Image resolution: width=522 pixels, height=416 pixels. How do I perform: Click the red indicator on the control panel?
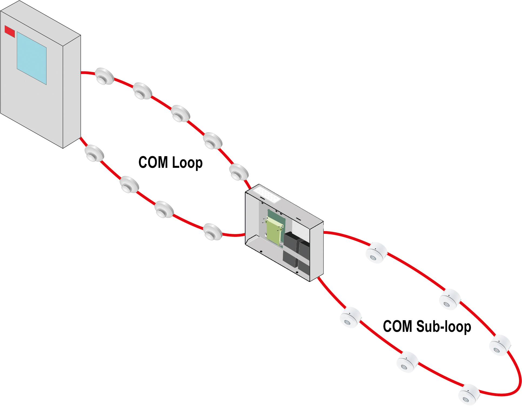tap(10, 31)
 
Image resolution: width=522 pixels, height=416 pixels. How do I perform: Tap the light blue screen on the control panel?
tap(32, 58)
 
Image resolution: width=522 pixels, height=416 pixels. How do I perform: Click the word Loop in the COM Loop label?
tap(187, 163)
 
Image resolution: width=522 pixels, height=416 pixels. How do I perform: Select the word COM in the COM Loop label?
tap(153, 162)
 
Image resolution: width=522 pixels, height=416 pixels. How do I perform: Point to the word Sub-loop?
tap(444, 326)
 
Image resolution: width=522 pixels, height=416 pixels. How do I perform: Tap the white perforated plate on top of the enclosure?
tap(267, 194)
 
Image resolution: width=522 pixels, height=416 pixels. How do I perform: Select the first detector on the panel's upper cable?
tap(105, 76)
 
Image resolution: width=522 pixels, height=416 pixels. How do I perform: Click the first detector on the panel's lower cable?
tap(94, 153)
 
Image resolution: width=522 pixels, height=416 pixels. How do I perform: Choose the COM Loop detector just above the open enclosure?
tap(239, 172)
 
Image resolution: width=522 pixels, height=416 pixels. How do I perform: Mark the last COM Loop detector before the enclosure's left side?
tap(213, 232)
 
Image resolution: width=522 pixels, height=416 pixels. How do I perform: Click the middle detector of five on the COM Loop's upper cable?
tap(180, 113)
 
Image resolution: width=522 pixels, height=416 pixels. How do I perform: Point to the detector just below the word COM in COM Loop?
tap(129, 185)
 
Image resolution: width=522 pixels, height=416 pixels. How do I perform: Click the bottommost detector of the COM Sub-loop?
tap(469, 395)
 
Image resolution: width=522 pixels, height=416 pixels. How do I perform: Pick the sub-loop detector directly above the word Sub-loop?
tap(450, 300)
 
